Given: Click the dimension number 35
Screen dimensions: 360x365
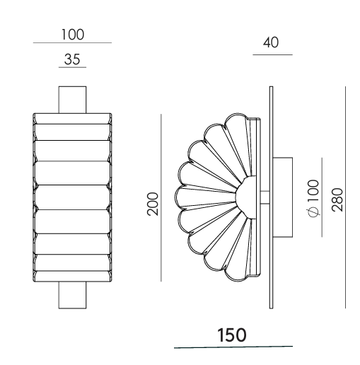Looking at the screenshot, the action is click(x=72, y=59).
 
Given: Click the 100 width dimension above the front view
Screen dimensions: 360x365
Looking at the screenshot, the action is click(x=73, y=35).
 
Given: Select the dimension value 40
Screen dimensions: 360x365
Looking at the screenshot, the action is click(x=271, y=42).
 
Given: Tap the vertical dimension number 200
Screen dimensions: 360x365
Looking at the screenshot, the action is click(x=153, y=204).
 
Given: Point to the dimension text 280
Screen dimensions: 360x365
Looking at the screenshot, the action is click(x=337, y=199).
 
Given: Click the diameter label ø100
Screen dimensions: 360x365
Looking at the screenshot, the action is click(x=314, y=198).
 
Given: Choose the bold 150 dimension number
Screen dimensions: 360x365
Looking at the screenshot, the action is click(x=232, y=335).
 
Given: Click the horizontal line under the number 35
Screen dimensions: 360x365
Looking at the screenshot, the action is click(x=72, y=67).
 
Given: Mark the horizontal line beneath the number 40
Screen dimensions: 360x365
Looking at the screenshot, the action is click(x=272, y=54).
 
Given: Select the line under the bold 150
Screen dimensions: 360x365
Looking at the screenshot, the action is click(x=233, y=347).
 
